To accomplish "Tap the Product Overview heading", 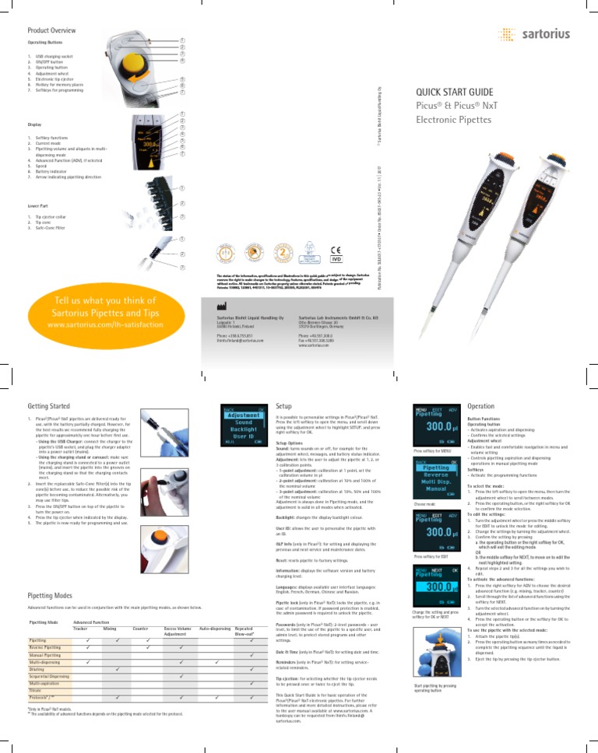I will (x=51, y=30).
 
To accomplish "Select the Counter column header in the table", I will (x=141, y=626).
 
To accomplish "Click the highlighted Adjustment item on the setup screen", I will (x=237, y=415).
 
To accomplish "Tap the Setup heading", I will (x=285, y=405).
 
